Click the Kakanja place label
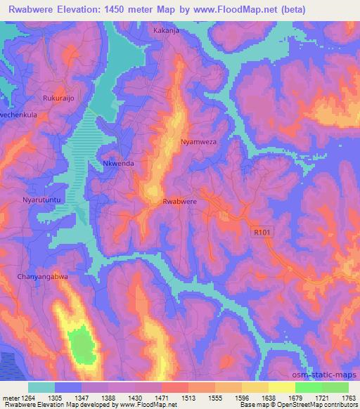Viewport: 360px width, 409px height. [x=167, y=32]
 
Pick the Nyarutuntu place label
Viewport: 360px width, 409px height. [x=44, y=200]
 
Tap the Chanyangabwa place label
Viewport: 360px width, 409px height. [x=43, y=277]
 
